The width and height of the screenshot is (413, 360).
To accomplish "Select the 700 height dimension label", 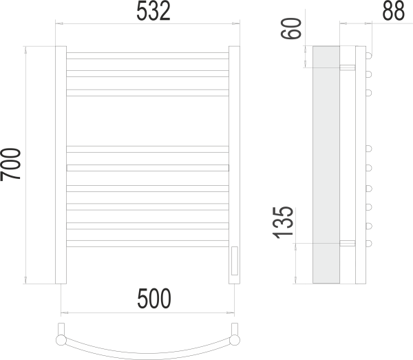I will [x=12, y=165].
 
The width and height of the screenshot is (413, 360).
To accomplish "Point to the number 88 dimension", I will [x=393, y=12].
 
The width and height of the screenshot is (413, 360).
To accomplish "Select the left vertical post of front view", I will [x=61, y=165].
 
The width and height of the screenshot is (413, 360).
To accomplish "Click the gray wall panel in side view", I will [x=326, y=165].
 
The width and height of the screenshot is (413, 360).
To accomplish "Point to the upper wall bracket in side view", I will [x=348, y=67].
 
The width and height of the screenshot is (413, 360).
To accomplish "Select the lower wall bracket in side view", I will [x=348, y=242].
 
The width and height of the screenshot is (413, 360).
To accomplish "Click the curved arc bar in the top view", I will [x=147, y=349].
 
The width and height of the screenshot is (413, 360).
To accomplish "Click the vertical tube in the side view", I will [x=359, y=165].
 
